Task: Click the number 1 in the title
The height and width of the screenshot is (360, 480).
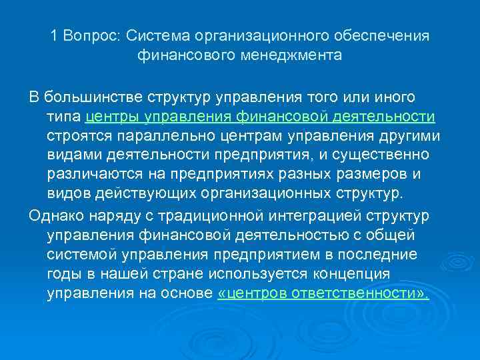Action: [54, 36]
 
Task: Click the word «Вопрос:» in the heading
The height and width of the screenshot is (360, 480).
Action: [90, 36]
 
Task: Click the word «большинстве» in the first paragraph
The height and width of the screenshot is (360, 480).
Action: [86, 98]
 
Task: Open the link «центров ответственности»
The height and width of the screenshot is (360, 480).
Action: [323, 293]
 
